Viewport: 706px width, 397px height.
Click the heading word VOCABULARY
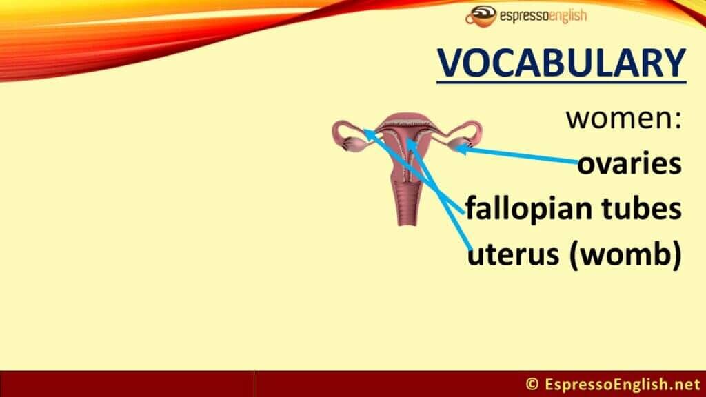561,63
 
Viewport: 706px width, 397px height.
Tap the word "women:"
624,119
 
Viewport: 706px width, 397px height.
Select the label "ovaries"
629,163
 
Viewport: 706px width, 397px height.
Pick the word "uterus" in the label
512,254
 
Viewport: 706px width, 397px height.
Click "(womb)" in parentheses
626,255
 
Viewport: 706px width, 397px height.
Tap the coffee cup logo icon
481,16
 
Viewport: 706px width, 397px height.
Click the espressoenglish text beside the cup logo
543,17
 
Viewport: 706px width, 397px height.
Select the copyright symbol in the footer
532,385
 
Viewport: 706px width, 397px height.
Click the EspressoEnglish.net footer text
623,385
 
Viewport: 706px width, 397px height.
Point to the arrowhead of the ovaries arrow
460,148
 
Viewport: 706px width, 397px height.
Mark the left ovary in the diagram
356,145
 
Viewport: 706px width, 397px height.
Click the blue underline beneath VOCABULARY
561,83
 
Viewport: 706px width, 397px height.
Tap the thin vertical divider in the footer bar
254,384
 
